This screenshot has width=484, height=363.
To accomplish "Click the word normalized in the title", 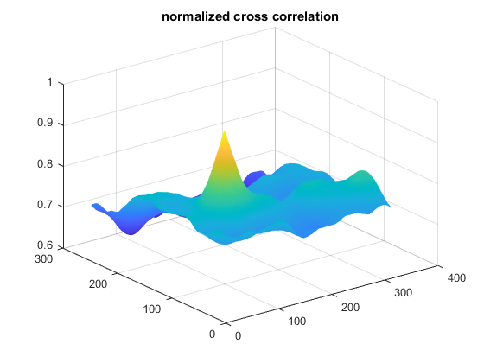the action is click(196, 16).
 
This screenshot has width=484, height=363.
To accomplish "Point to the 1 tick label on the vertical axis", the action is click(50, 82).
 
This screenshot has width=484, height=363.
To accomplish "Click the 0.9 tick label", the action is click(46, 123).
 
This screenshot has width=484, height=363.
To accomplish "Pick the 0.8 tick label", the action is click(46, 164).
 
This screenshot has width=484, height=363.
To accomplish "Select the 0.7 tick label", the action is click(46, 205).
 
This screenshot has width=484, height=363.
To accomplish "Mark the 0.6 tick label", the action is click(46, 245).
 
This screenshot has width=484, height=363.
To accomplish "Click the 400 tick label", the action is click(456, 278).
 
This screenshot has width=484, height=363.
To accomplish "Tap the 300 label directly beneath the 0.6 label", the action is click(44, 259).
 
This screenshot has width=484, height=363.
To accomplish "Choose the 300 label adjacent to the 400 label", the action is click(403, 293).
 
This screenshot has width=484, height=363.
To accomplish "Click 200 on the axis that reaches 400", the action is click(350, 308).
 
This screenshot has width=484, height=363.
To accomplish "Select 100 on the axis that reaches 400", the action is click(297, 322).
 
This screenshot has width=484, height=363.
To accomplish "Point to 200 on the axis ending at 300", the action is click(99, 284).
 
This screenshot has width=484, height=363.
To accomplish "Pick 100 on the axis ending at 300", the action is click(152, 309).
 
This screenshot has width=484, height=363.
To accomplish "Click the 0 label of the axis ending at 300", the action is click(212, 334).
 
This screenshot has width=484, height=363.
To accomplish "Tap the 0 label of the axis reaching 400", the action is click(238, 336).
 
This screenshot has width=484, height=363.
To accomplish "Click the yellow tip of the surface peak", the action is click(225, 131).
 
